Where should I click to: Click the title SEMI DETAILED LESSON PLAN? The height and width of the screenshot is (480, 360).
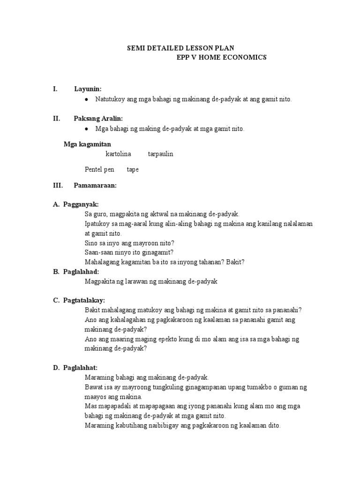(181, 48)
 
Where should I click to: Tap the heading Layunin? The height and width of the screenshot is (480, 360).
(88, 89)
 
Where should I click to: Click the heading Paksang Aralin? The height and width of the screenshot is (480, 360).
(98, 119)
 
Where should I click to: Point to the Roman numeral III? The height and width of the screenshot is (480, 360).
(58, 186)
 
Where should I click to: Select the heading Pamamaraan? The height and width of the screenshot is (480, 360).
(95, 186)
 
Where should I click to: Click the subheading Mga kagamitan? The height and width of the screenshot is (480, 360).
(87, 144)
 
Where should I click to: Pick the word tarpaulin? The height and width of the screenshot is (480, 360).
(160, 154)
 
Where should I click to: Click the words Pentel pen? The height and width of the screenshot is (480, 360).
(99, 170)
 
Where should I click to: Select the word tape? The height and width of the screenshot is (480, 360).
(133, 170)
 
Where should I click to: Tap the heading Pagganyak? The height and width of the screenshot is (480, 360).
(81, 204)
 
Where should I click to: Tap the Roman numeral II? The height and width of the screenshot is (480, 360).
(56, 119)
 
